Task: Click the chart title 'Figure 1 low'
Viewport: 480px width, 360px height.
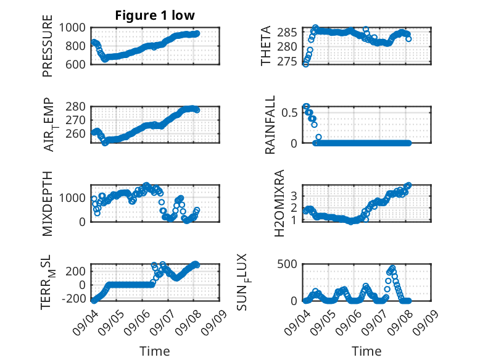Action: tap(155, 15)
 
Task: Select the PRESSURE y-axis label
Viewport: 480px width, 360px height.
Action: tap(48, 46)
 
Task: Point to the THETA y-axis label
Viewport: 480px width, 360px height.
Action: tap(266, 46)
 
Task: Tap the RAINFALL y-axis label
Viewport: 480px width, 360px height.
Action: tap(270, 125)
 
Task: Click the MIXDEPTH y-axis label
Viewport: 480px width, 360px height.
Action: tap(48, 204)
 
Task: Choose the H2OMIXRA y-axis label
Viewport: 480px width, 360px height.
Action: tap(279, 203)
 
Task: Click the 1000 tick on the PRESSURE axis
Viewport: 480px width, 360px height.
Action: tap(72, 28)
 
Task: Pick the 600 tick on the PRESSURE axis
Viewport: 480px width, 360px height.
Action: tap(75, 64)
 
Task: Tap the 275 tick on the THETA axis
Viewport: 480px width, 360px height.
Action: tap(288, 62)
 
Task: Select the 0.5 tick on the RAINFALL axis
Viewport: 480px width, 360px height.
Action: tap(289, 113)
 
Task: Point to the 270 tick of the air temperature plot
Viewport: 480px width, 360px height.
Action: tap(76, 120)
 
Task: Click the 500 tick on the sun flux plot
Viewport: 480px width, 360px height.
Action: tap(287, 264)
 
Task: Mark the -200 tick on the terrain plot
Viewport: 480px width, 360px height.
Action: tap(74, 298)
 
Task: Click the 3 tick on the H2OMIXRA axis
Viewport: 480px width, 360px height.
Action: tap(294, 196)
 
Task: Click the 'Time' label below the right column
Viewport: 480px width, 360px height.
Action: tap(366, 351)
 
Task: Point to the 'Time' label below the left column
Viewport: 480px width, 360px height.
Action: tap(155, 351)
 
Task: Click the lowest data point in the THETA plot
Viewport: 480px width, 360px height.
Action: tap(305, 64)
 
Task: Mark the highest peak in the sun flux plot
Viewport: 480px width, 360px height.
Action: tap(392, 268)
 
